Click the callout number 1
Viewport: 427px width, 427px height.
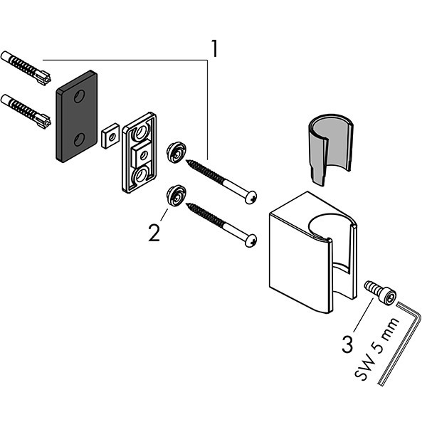pos(213,49)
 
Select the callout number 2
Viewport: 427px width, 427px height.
pos(154,232)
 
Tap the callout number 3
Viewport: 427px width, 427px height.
pos(347,344)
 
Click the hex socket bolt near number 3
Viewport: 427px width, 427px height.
pos(380,292)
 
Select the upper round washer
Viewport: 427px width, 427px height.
pos(175,151)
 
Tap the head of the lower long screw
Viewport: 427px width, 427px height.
pos(250,241)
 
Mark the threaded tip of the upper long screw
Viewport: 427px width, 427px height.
pos(191,162)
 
